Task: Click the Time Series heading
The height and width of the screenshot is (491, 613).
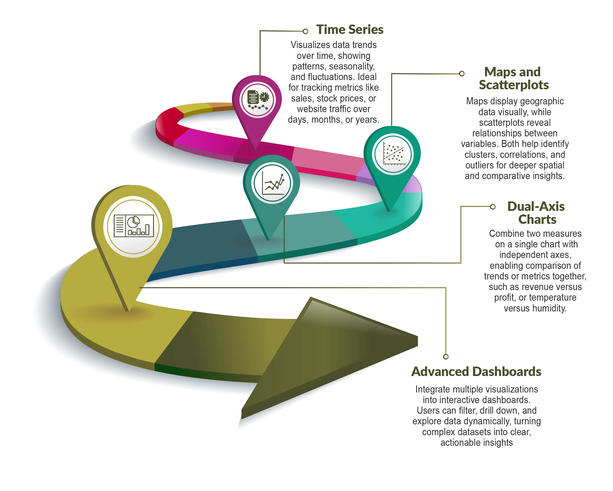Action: [349, 29]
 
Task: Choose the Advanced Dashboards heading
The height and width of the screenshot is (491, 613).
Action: [477, 371]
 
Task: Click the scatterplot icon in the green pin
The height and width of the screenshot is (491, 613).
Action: [393, 154]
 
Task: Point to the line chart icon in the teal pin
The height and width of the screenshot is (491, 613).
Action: [272, 183]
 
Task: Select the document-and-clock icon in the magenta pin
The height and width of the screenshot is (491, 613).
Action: [257, 99]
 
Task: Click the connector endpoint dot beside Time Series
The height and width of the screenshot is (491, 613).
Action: [305, 31]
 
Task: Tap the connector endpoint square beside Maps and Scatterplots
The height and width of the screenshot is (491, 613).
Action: [462, 74]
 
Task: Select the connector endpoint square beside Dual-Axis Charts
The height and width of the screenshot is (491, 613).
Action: [493, 207]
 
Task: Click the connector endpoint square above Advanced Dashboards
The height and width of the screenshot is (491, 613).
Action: [446, 356]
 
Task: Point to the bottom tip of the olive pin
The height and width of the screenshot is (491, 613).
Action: [128, 311]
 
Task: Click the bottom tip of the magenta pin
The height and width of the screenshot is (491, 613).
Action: [255, 148]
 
